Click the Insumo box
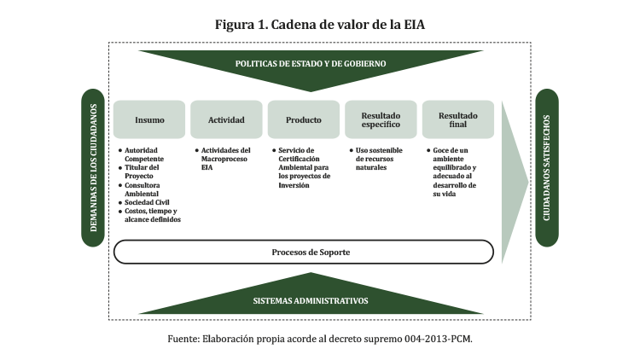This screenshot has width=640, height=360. pyautogui.click(x=149, y=119)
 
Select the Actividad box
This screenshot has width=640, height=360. pyautogui.click(x=226, y=119)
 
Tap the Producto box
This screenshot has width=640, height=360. pyautogui.click(x=303, y=119)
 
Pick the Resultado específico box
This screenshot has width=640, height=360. pyautogui.click(x=380, y=119)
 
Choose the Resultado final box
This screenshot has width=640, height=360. pyautogui.click(x=457, y=119)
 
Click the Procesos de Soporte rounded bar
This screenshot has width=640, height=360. pyautogui.click(x=304, y=253)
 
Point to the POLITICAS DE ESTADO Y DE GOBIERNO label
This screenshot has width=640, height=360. pyautogui.click(x=311, y=64)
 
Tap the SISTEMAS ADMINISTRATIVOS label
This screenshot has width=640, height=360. pyautogui.click(x=311, y=301)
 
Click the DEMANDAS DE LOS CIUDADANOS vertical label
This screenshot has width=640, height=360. pyautogui.click(x=94, y=167)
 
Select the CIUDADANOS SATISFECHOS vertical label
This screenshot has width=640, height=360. pyautogui.click(x=546, y=167)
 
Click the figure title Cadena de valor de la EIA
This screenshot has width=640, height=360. pyautogui.click(x=319, y=25)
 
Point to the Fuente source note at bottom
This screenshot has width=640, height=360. pyautogui.click(x=319, y=339)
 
